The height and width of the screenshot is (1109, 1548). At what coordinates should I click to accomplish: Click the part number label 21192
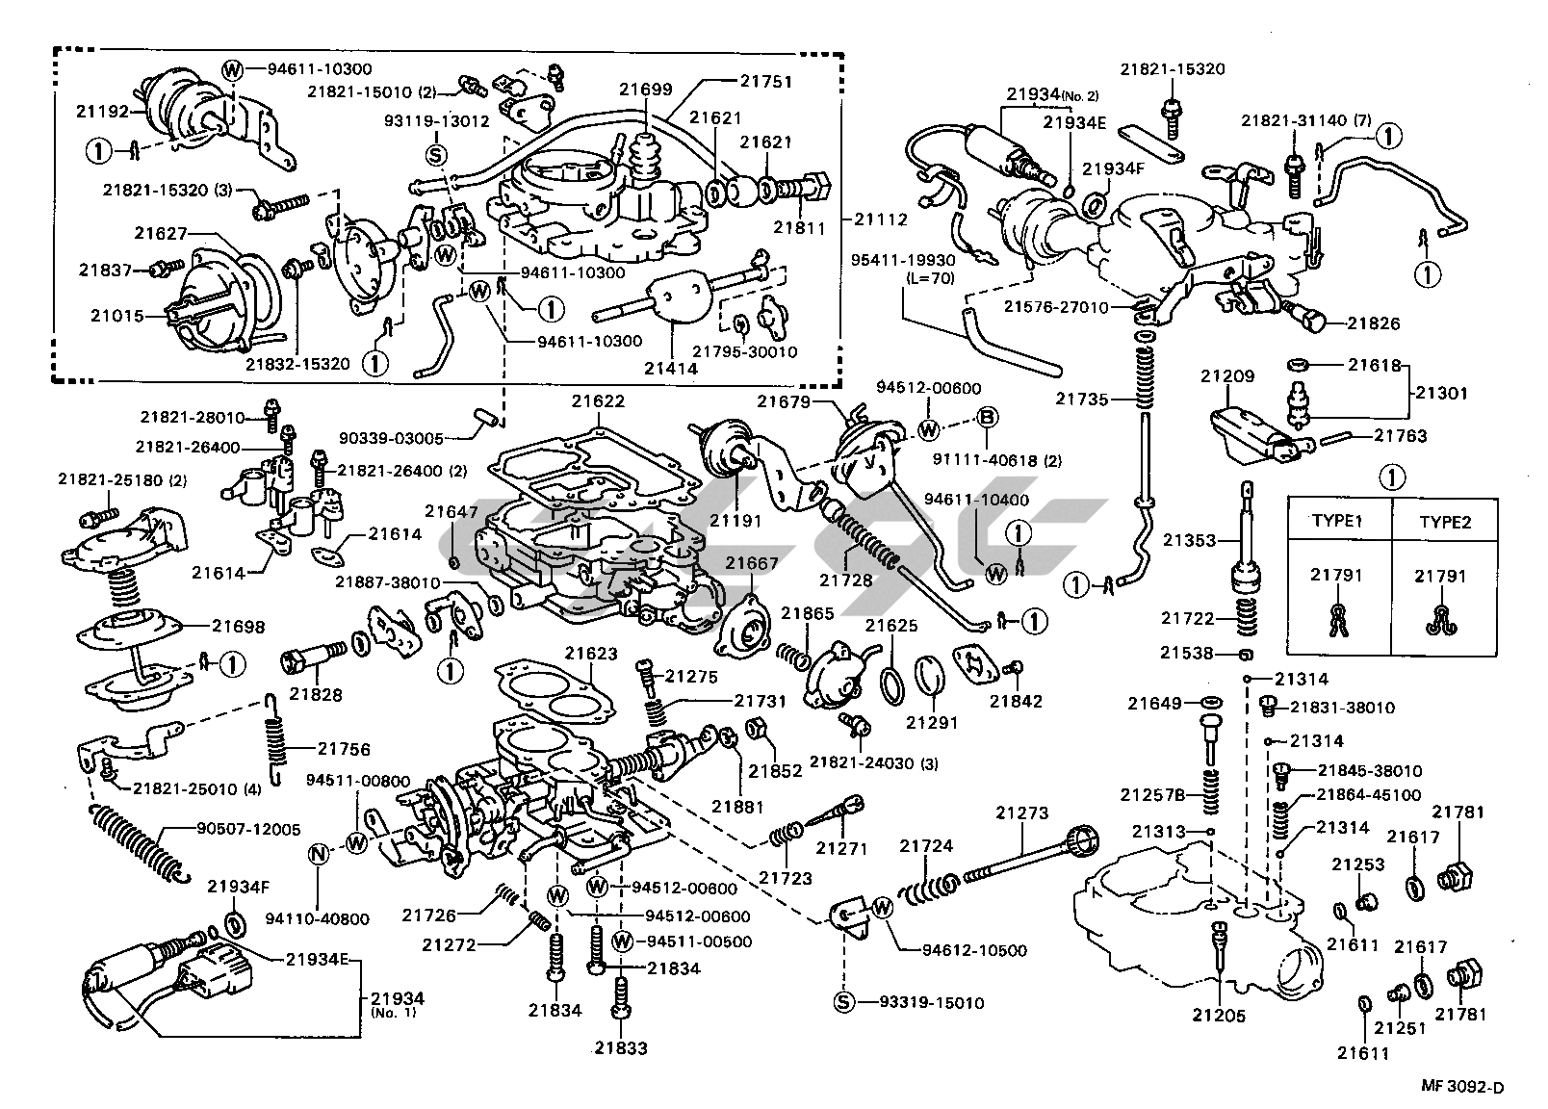pos(102,110)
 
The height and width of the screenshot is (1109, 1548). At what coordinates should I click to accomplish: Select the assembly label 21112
pos(880,219)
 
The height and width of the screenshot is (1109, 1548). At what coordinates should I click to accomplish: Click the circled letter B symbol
pos(988,418)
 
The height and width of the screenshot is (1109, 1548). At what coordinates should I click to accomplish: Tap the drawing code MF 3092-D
pos(1461,1088)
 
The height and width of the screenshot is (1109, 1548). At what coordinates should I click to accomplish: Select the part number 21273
pos(1021,813)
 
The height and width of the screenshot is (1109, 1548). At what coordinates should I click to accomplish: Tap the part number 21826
pos(1373,323)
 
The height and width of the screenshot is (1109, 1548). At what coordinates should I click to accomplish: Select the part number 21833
pos(620,1048)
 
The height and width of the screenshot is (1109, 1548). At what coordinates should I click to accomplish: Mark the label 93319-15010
pos(931,1003)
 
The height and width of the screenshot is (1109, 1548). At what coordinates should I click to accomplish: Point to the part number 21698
pos(238,625)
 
